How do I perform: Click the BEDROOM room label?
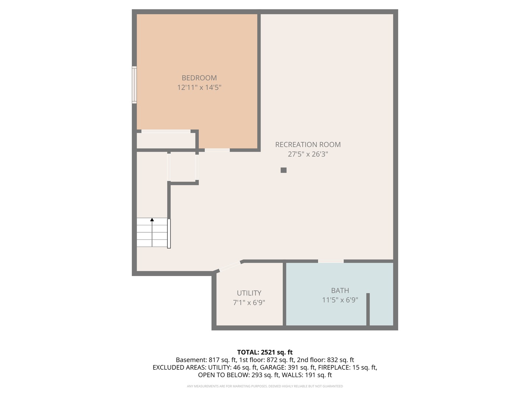[199, 78]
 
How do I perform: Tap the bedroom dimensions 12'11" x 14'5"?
[199, 87]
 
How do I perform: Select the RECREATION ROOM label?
[308, 145]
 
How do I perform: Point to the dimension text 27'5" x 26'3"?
[308, 154]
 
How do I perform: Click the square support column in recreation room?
[283, 170]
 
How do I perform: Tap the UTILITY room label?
[249, 293]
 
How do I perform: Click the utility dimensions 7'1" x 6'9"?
[249, 303]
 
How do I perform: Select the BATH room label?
[340, 290]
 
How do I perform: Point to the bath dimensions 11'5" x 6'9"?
[340, 300]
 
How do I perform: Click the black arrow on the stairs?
[152, 220]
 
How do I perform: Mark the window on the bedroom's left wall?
[134, 85]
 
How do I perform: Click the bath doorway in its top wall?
[331, 261]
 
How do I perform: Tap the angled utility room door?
[230, 266]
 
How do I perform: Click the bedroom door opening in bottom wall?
[217, 150]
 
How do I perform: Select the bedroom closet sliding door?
[166, 131]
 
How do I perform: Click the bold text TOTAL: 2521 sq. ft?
[265, 352]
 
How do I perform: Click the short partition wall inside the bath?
[368, 309]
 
